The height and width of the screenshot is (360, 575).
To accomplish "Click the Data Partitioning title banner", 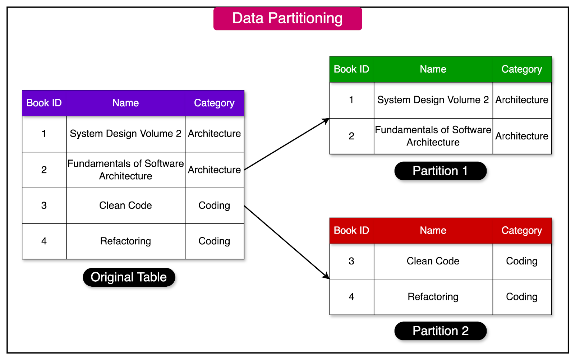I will [x=287, y=19].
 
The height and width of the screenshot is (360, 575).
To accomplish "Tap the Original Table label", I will [x=129, y=277].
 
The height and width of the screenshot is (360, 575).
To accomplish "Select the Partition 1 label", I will [x=440, y=171].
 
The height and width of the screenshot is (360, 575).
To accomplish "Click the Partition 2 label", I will [x=440, y=331].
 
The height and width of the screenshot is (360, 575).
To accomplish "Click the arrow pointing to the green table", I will [x=286, y=144].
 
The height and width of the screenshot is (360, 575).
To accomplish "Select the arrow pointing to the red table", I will [x=286, y=242].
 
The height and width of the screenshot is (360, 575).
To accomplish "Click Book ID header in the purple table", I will [x=44, y=103].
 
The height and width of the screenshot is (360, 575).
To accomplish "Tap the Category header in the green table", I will [x=521, y=69].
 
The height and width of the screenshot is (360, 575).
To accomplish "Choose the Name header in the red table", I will [x=433, y=231].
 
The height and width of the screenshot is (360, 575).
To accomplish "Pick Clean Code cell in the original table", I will [x=125, y=206].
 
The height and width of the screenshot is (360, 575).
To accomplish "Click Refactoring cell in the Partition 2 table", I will [x=433, y=297].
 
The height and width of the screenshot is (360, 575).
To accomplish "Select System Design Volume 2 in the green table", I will [x=433, y=100].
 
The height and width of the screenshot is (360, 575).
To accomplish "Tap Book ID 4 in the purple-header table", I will [x=44, y=241].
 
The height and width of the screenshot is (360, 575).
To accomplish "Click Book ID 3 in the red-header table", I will [x=351, y=261].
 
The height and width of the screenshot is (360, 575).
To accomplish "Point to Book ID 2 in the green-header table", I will [x=351, y=136].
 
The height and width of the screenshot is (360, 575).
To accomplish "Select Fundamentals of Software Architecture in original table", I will [x=125, y=170].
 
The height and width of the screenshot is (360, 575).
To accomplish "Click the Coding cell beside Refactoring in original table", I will [x=214, y=241].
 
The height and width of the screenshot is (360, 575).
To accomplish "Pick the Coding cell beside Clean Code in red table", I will [x=521, y=261].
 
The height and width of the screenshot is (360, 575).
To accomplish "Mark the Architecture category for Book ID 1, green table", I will [x=521, y=100].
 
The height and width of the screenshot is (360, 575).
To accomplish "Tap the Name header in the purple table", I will [x=125, y=103].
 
